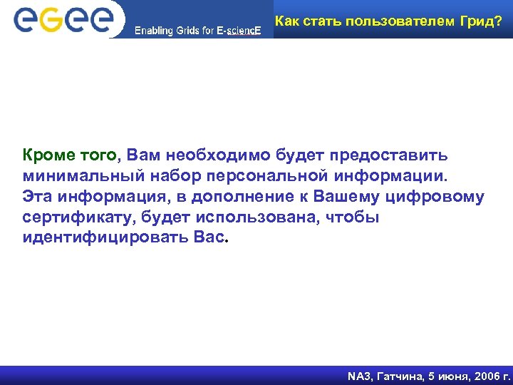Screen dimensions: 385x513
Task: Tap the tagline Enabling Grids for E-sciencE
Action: point(198,31)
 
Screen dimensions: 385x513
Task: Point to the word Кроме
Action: point(46,155)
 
